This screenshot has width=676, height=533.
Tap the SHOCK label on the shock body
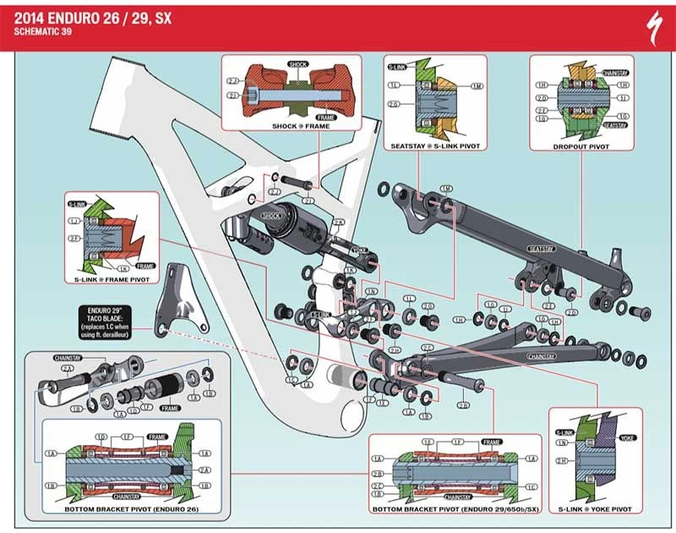271,217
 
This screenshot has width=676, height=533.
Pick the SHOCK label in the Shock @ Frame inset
297,63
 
